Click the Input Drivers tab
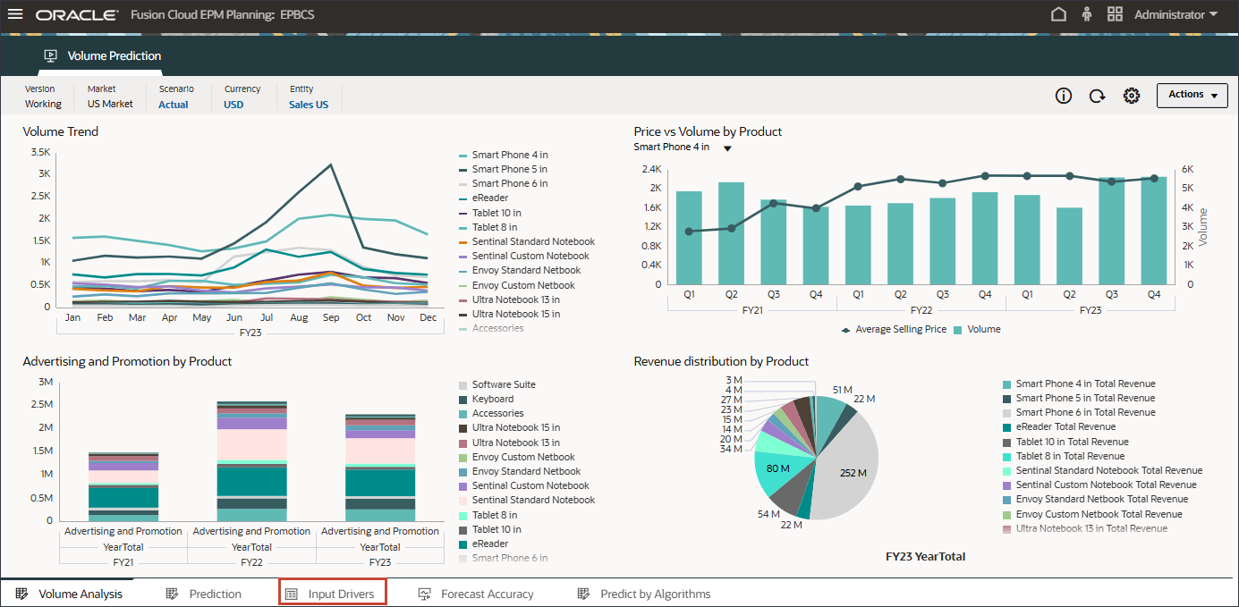tap(333, 594)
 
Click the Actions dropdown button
tap(1192, 95)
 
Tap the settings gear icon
tap(1132, 96)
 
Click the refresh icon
tap(1097, 96)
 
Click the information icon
tap(1064, 96)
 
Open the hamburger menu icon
tap(15, 14)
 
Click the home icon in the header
tap(1058, 14)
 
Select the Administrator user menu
tap(1175, 14)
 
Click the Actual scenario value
tap(174, 105)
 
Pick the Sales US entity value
tap(309, 105)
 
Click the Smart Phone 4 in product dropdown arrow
tap(727, 148)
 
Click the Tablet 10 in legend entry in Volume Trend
tap(496, 213)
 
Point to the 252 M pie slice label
tap(853, 473)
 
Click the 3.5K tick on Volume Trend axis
tap(40, 152)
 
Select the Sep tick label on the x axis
tap(331, 318)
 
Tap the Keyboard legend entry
tap(492, 399)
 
